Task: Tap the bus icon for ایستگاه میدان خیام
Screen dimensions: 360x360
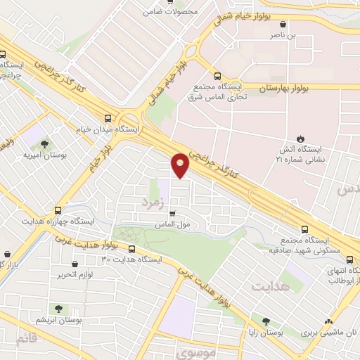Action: coord(108,118)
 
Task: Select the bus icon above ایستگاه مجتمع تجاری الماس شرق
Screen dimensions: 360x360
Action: coord(217,76)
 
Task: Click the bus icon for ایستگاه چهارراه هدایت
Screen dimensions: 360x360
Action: coord(58,210)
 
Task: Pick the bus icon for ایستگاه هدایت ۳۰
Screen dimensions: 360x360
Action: coord(131,249)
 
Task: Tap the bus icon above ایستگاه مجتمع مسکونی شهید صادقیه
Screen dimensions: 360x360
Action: coord(304,229)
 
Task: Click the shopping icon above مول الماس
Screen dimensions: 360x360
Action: coord(173,214)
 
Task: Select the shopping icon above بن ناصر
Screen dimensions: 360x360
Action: coord(283,23)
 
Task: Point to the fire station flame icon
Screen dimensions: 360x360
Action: coord(301,138)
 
